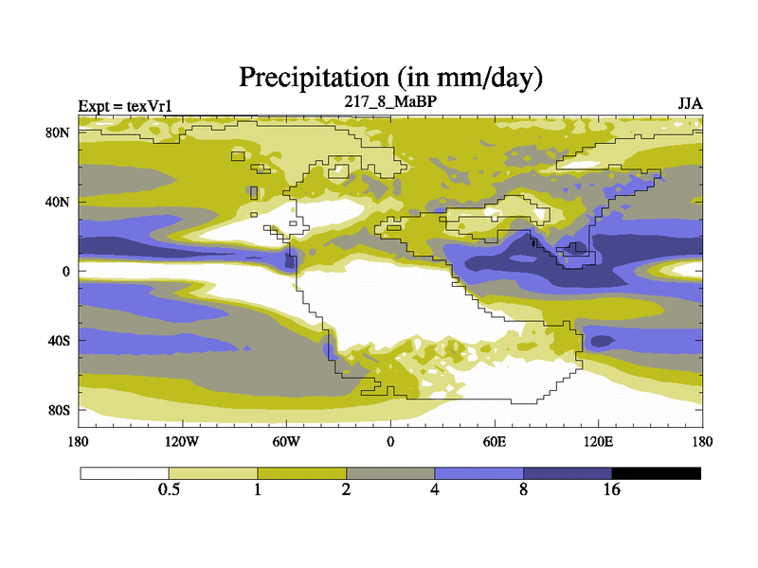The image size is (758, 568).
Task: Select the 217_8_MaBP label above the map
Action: [389, 100]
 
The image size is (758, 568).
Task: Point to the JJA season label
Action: [690, 102]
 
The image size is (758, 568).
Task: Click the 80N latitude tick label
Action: [60, 133]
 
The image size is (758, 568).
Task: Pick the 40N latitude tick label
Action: [60, 202]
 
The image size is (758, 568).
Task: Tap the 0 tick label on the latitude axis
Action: [67, 272]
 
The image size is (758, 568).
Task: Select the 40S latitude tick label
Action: [60, 341]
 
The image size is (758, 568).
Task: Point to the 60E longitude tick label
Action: [494, 441]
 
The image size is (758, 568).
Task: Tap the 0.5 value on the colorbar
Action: [169, 489]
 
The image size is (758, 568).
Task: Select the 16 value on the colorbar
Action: [612, 489]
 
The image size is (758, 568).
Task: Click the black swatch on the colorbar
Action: [657, 472]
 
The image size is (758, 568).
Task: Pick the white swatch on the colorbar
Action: [124, 472]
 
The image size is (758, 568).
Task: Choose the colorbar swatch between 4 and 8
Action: [479, 472]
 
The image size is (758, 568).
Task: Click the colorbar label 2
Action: [347, 489]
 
